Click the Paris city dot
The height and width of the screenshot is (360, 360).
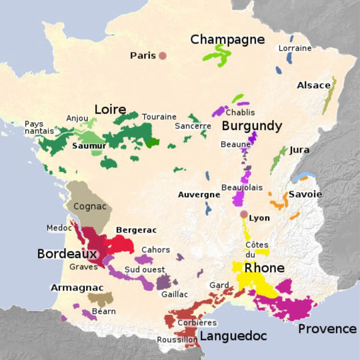click(162, 55)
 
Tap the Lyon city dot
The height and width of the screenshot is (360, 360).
click(244, 215)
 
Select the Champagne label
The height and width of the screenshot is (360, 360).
click(227, 39)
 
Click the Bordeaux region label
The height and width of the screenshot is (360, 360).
click(67, 254)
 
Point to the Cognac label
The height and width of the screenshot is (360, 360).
click(89, 207)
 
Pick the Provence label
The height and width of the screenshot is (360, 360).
click(327, 329)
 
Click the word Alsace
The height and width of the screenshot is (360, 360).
click(313, 85)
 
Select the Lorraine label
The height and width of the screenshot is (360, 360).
click(295, 48)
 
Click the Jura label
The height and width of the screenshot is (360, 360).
click(299, 150)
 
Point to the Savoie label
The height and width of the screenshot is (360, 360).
click(305, 195)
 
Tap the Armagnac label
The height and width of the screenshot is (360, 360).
click(76, 287)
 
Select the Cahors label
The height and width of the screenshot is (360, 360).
click(155, 250)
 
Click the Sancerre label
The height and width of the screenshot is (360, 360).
click(193, 125)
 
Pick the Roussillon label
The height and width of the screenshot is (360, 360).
click(176, 339)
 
